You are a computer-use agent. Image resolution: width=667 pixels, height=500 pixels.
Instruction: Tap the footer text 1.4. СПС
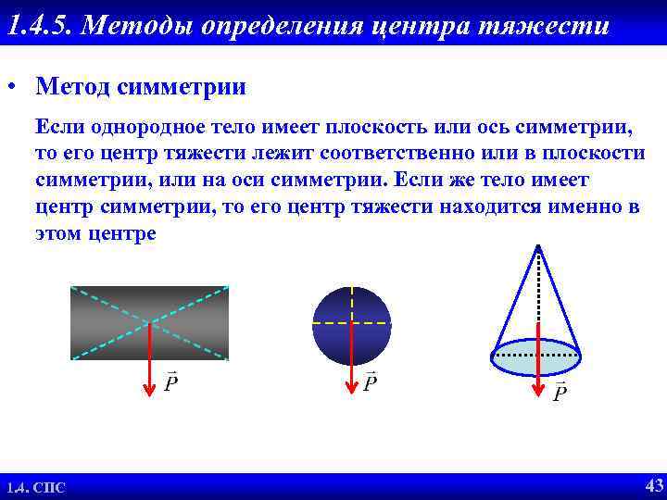pos(36,488)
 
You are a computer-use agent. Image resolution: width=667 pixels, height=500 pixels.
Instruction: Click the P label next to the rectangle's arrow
pos(170,382)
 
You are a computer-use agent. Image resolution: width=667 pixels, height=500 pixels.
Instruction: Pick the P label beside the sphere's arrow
pos(370,382)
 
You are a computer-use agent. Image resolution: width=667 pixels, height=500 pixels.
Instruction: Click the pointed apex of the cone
pos(537,245)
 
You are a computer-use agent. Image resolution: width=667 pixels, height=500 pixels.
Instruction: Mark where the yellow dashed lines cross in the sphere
pos(352,323)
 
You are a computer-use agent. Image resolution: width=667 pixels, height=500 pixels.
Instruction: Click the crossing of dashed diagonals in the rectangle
pos(149,322)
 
